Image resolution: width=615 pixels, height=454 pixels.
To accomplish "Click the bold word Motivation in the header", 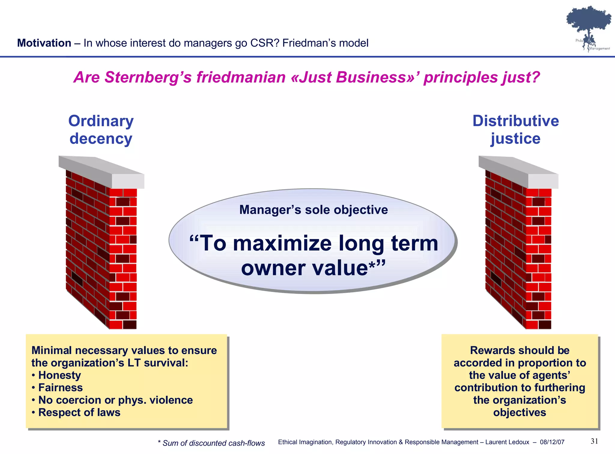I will point(44,43).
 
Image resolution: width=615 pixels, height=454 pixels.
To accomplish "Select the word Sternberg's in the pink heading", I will point(148,77).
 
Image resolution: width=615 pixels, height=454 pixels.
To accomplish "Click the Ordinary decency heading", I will point(101,130).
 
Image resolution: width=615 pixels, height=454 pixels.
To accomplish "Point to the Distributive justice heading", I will point(516,130).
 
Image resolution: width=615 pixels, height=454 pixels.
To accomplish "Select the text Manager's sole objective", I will point(314,210).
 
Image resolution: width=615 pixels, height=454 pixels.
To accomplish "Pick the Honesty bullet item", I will point(59,375).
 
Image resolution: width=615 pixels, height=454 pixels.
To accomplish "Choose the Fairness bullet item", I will point(60,388).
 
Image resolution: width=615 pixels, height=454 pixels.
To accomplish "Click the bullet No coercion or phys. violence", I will point(115,400).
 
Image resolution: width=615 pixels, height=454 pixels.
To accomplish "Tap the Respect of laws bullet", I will point(79,413).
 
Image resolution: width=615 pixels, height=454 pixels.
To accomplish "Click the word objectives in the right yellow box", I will point(520,413).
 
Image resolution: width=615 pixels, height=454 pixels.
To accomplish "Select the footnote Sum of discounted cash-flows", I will point(214,443).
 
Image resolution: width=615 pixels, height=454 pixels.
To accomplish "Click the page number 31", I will point(594,441).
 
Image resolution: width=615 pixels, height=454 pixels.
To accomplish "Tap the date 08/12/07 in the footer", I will point(552,442).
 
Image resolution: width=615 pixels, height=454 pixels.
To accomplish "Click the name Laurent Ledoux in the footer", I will point(507,442).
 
